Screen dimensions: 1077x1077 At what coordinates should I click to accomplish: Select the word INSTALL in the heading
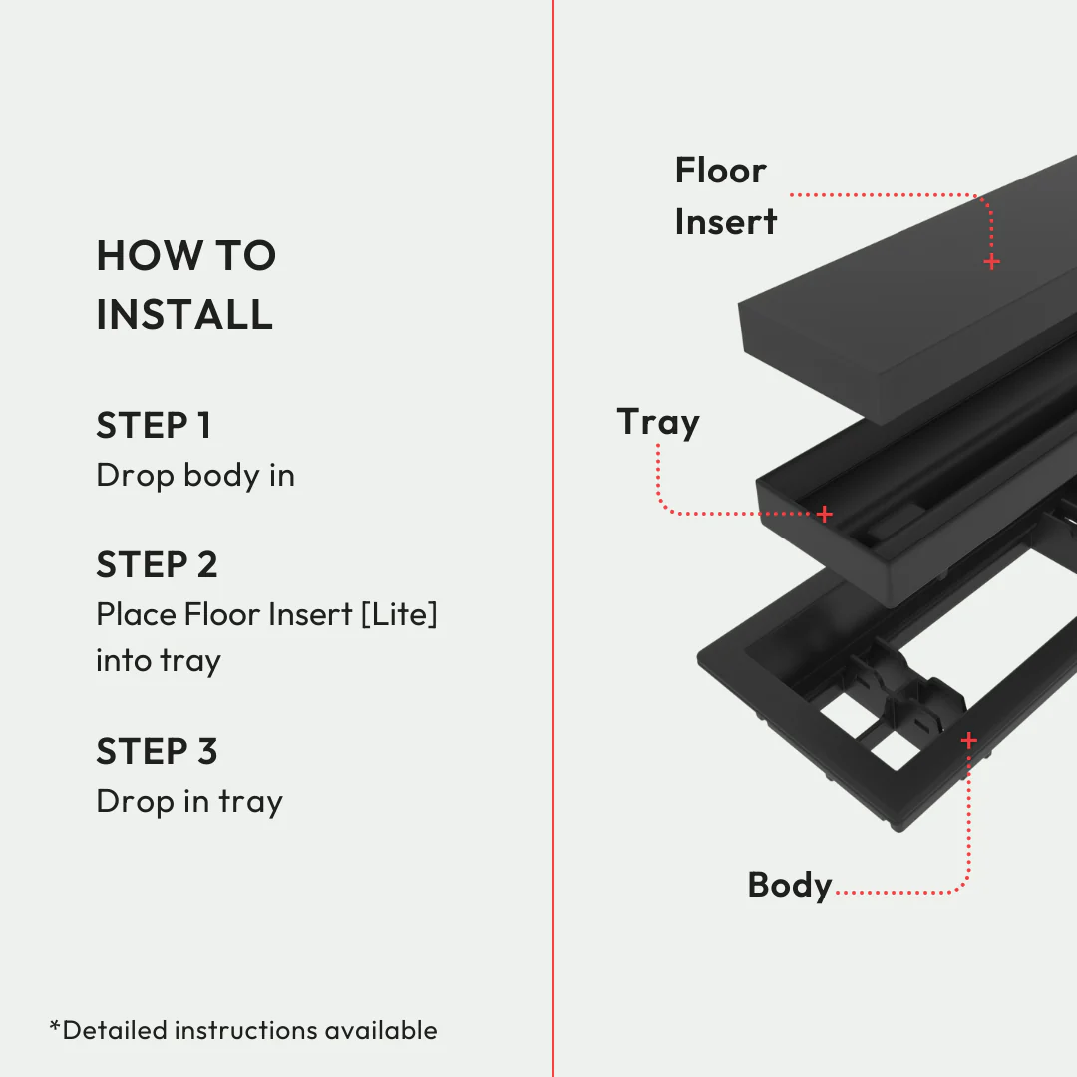click(184, 315)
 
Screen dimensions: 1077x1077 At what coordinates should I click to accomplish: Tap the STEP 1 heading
click(154, 426)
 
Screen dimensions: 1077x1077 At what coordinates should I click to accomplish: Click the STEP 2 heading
click(157, 565)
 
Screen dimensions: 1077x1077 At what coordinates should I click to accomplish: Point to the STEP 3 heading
click(157, 752)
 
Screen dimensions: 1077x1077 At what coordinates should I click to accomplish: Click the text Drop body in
click(195, 476)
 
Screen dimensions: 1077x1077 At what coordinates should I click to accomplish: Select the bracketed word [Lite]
click(399, 614)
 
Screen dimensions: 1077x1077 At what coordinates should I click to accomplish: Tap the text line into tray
click(159, 661)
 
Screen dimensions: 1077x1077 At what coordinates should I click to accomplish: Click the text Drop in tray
click(189, 802)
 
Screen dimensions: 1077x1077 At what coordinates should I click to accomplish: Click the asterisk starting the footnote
click(55, 1027)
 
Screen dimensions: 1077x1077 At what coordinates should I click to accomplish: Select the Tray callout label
click(658, 422)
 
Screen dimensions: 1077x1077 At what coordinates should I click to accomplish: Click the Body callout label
click(789, 885)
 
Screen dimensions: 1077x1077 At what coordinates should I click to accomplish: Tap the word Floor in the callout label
click(720, 171)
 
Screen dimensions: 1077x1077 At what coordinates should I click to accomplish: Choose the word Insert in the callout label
click(725, 222)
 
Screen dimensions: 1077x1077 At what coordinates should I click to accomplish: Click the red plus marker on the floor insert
click(991, 262)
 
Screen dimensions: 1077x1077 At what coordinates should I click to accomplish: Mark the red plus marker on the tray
click(825, 515)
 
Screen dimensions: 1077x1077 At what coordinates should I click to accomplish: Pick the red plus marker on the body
click(968, 741)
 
